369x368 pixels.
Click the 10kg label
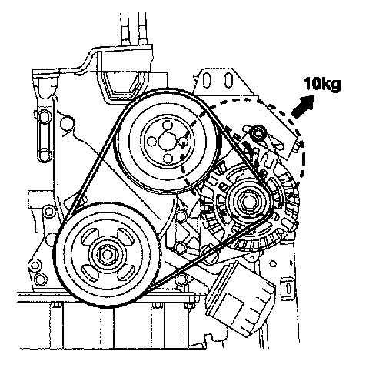322,84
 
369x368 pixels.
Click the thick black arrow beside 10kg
303,107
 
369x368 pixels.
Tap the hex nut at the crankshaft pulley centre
107,254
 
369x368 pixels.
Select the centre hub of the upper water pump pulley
167,141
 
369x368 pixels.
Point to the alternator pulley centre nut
248,202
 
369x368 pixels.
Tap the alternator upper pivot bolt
257,133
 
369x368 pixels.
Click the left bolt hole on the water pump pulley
152,141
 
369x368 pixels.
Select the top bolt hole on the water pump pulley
168,125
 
